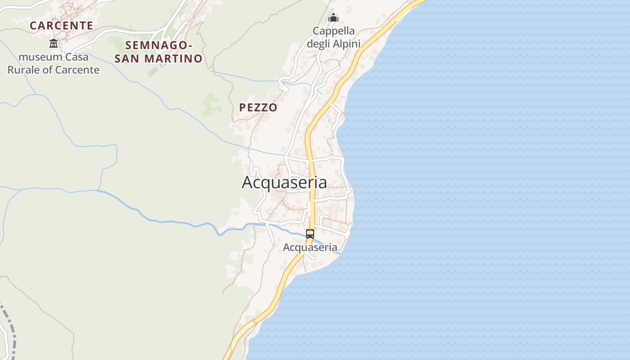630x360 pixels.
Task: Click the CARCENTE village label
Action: pyautogui.click(x=61, y=26)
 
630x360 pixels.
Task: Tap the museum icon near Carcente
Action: pyautogui.click(x=54, y=44)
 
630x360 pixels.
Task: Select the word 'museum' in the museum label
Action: pyautogui.click(x=40, y=57)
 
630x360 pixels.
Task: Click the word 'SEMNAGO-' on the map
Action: pyautogui.click(x=159, y=45)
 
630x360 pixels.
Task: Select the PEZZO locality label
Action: pyautogui.click(x=258, y=108)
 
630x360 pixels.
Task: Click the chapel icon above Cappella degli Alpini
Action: pyautogui.click(x=333, y=18)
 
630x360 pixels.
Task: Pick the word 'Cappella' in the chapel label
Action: pyautogui.click(x=334, y=31)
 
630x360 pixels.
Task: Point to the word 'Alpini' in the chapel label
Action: pyautogui.click(x=346, y=44)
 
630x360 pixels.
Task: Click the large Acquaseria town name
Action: pyautogui.click(x=284, y=182)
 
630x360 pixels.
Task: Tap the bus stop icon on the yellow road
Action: pyautogui.click(x=310, y=234)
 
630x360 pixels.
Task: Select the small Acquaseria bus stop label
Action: pyautogui.click(x=310, y=247)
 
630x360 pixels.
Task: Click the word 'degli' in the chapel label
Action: pyautogui.click(x=319, y=44)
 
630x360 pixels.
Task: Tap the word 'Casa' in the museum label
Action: pyautogui.click(x=76, y=57)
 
